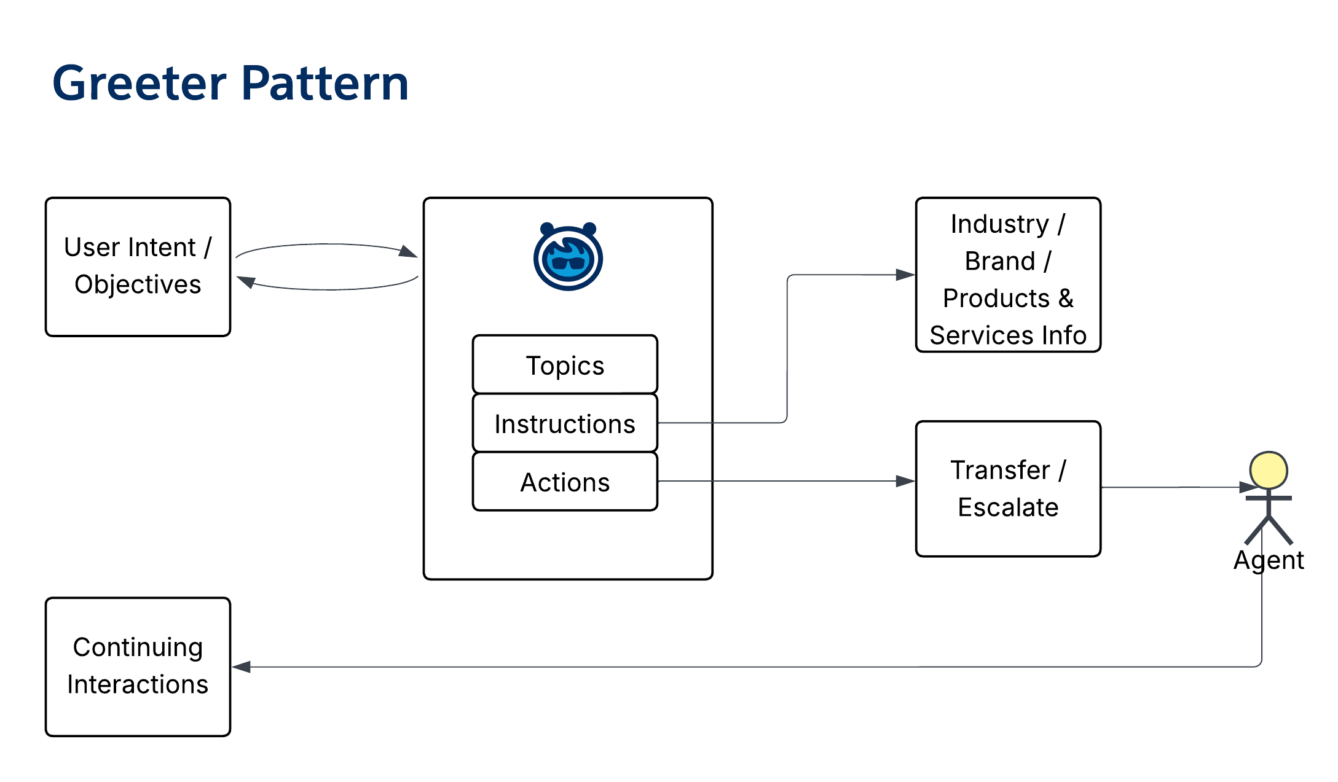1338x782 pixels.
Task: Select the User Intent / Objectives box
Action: tap(138, 266)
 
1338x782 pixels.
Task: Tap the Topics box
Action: tap(565, 365)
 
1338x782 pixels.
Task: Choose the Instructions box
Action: tap(565, 423)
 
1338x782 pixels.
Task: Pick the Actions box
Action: tap(565, 482)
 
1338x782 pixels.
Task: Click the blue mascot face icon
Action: tap(568, 257)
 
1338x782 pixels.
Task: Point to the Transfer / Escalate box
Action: tap(1008, 488)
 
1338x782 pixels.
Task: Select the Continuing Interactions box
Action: tap(138, 666)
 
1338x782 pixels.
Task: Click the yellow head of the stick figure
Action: tap(1268, 471)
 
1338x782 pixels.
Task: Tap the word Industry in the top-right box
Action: tap(999, 224)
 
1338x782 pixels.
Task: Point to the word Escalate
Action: tap(1008, 507)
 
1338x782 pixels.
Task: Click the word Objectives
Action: tap(138, 284)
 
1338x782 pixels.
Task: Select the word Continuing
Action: tap(138, 647)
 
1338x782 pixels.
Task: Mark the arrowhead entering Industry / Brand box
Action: tap(905, 275)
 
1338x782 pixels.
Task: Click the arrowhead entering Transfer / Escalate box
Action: tap(905, 481)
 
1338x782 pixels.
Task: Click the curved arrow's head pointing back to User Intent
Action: tap(246, 281)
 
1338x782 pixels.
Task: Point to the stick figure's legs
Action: tap(1269, 531)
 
